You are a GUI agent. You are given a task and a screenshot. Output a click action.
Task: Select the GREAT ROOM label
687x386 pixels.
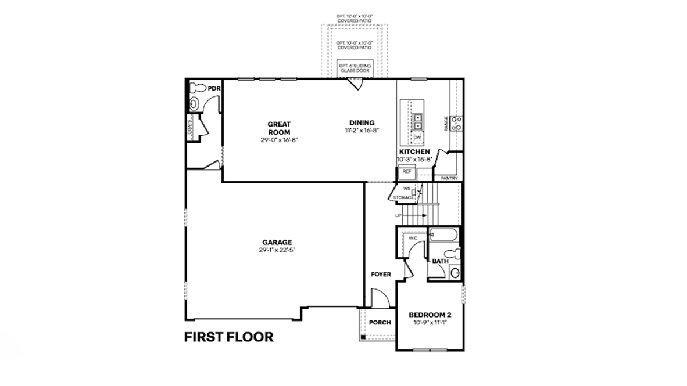tap(279, 128)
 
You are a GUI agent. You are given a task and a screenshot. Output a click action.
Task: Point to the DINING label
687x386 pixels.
tap(362, 122)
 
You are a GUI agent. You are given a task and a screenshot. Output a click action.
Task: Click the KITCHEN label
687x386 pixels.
tap(414, 151)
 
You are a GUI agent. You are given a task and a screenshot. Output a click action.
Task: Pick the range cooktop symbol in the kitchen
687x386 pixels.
tap(457, 122)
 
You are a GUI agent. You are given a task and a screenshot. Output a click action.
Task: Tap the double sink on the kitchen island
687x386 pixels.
tap(417, 121)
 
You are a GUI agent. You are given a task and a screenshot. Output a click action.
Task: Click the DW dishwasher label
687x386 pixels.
tap(417, 138)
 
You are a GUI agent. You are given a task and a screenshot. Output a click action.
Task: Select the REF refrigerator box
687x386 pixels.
tap(407, 172)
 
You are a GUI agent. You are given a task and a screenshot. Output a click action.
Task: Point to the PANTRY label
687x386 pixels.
tap(449, 178)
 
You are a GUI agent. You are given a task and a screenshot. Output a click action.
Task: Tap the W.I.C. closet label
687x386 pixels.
tap(413, 238)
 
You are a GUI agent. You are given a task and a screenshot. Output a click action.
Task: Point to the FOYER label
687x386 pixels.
tap(381, 275)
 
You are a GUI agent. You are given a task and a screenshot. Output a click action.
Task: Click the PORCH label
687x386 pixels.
tap(380, 323)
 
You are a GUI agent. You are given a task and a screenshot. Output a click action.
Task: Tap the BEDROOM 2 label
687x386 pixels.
tap(430, 315)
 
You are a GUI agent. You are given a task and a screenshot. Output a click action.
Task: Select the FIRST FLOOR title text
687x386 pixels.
tap(228, 337)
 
